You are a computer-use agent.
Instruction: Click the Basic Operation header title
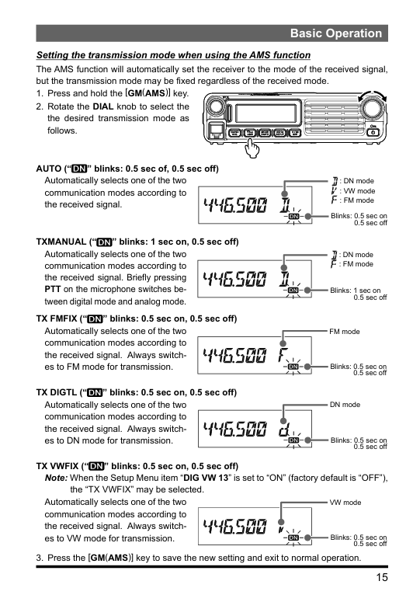click(x=336, y=33)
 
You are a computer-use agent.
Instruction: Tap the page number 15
click(x=382, y=577)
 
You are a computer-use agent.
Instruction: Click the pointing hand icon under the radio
click(x=252, y=148)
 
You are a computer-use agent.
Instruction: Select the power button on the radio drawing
click(x=373, y=132)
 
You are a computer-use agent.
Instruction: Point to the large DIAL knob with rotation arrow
click(x=373, y=108)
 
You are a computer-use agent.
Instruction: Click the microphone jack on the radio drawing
click(x=217, y=131)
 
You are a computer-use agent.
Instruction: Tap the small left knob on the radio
click(x=215, y=106)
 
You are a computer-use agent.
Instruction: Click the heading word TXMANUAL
click(x=61, y=242)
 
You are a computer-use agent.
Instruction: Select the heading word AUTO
click(x=49, y=169)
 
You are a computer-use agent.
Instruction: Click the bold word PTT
click(x=52, y=289)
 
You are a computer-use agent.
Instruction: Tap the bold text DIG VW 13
click(x=206, y=478)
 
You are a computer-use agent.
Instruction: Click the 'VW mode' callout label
click(x=345, y=503)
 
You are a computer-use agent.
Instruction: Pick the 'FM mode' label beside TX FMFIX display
click(x=345, y=332)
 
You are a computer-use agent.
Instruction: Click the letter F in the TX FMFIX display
click(x=283, y=355)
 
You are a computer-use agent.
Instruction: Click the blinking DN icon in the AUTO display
click(x=294, y=216)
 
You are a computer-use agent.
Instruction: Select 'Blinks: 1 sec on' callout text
click(x=355, y=291)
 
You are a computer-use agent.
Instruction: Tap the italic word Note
click(x=56, y=478)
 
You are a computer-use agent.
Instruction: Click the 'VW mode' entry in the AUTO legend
click(x=357, y=191)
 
